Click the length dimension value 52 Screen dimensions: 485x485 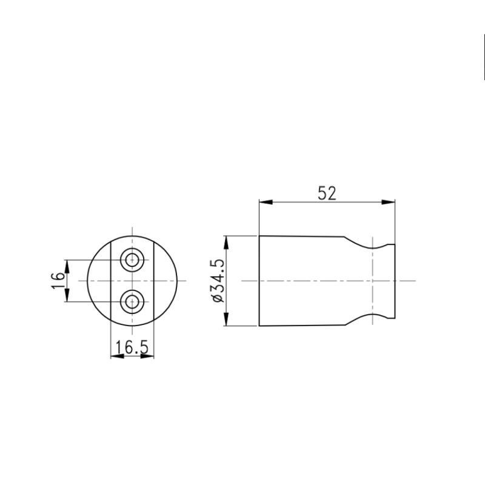pyautogui.click(x=327, y=193)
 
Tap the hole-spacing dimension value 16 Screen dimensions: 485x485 pyautogui.click(x=58, y=280)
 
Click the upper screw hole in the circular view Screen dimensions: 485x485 pyautogui.click(x=132, y=261)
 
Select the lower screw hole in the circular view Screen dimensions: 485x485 pyautogui.click(x=132, y=301)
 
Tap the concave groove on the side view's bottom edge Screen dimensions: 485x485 pyautogui.click(x=370, y=313)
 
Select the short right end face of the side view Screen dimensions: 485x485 pyautogui.click(x=395, y=281)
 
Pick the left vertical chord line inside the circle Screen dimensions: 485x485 pyautogui.click(x=111, y=281)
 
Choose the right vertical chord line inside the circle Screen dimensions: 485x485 pyautogui.click(x=154, y=281)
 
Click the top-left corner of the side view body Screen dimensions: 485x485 pyautogui.click(x=259, y=235)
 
